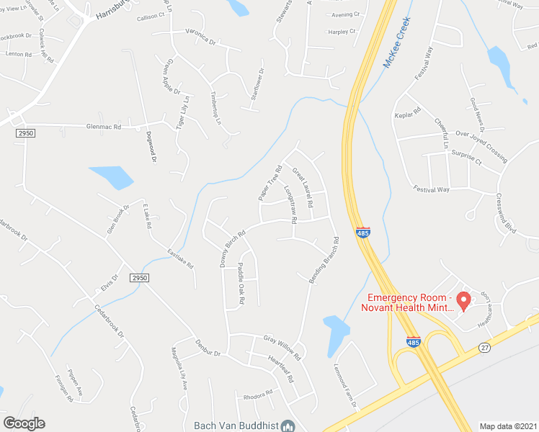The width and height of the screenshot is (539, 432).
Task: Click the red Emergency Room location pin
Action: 465,299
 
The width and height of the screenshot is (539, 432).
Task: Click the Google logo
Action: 23,423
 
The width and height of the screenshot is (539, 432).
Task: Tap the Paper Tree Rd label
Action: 269,183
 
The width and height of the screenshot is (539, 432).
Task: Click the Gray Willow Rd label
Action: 281,346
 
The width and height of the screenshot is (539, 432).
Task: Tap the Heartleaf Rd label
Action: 282,369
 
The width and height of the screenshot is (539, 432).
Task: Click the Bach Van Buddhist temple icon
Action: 288,426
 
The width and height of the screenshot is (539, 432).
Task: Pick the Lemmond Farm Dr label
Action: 345,383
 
